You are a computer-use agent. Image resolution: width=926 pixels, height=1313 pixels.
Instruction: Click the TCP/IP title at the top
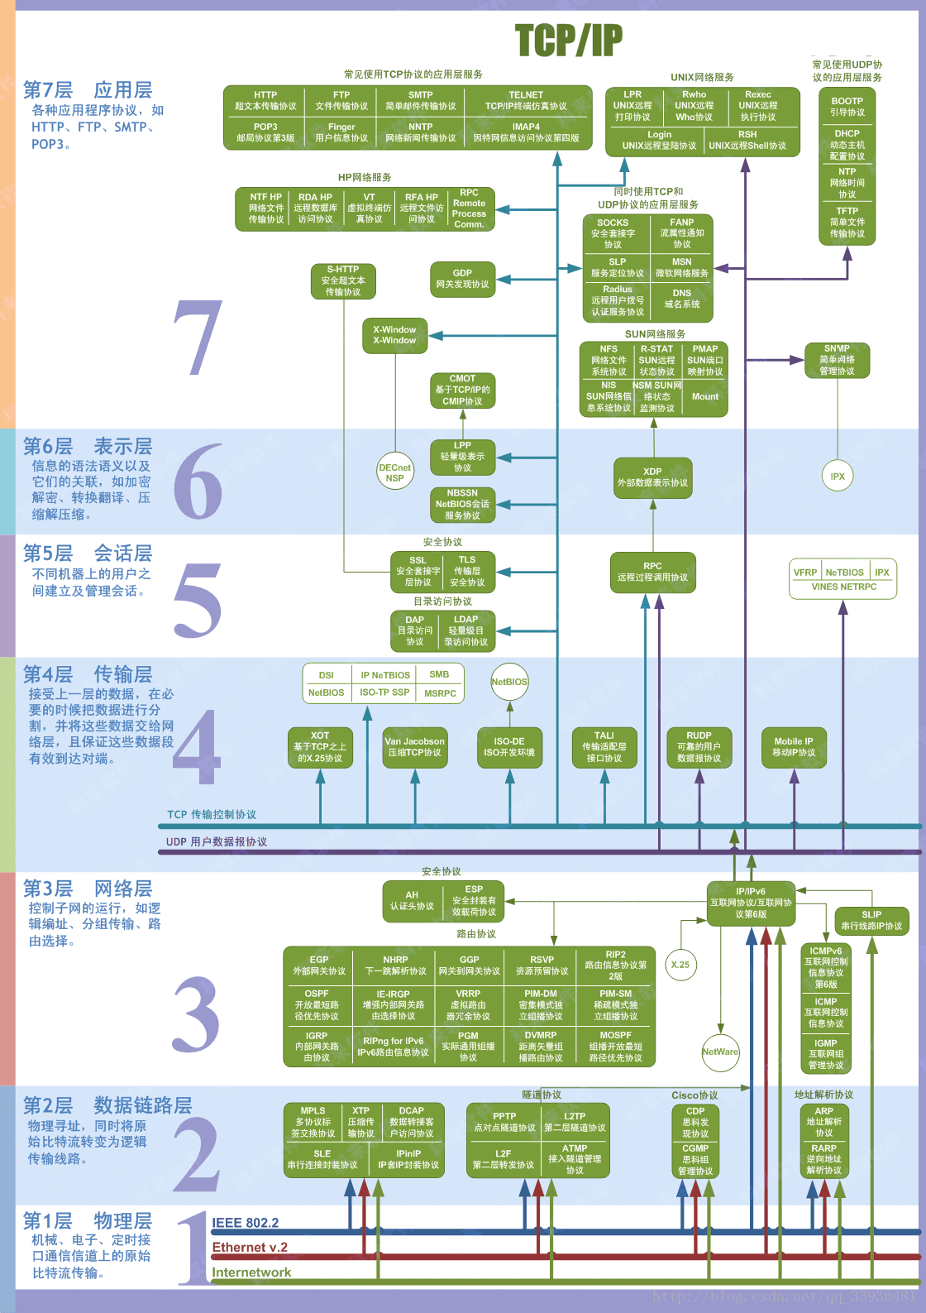(x=569, y=40)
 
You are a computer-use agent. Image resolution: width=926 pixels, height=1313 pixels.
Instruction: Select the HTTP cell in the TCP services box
(x=265, y=100)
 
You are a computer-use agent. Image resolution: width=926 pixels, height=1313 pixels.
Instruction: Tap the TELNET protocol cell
(x=526, y=100)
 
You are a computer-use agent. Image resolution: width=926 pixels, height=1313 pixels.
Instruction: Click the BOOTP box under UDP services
(x=847, y=107)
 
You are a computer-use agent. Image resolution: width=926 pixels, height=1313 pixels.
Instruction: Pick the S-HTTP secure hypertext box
(x=343, y=280)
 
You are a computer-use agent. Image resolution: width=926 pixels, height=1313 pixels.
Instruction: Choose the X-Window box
(x=394, y=335)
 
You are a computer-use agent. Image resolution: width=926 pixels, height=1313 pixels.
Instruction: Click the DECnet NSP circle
(x=394, y=472)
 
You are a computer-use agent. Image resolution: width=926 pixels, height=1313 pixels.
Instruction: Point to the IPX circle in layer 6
(x=838, y=476)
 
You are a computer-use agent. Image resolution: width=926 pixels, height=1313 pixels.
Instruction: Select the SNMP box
(x=837, y=360)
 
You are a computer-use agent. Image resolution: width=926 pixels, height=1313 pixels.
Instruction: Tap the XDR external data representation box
(x=652, y=477)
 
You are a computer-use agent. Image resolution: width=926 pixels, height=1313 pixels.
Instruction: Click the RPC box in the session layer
(x=652, y=573)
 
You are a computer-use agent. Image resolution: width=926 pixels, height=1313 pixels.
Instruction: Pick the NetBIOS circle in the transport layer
(x=509, y=682)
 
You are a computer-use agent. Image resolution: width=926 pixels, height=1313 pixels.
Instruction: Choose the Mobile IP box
(x=794, y=746)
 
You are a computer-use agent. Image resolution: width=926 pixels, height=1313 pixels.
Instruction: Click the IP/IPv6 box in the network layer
(x=751, y=903)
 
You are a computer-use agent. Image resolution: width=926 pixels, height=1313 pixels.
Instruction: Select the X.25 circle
(x=680, y=965)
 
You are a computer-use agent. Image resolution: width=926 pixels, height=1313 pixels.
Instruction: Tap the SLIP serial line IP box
(x=871, y=920)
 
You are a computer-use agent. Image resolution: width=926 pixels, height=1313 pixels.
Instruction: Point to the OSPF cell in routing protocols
(x=317, y=1004)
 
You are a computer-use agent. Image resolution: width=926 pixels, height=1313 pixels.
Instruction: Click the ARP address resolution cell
(x=824, y=1122)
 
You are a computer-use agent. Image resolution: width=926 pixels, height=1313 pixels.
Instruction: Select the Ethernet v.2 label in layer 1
(x=250, y=1248)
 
